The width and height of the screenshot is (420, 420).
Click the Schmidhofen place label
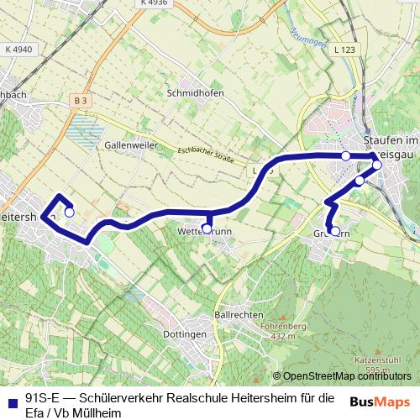point(195,93)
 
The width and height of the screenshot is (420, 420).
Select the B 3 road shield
point(81,100)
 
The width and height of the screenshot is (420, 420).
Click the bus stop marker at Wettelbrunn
point(207,228)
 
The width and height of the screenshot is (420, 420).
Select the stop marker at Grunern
point(335,231)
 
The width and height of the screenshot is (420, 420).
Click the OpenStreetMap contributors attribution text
point(347,375)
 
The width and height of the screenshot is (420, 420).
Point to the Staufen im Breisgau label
point(390,145)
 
